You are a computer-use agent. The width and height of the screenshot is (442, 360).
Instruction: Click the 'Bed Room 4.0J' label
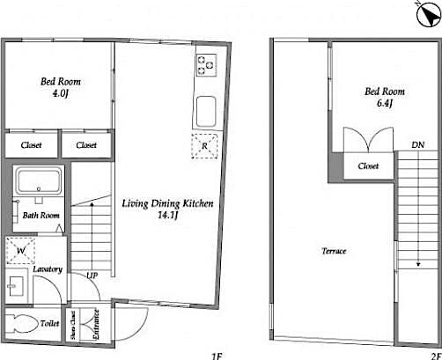pyautogui.click(x=55, y=88)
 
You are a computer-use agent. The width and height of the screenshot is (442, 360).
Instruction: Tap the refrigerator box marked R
pyautogui.click(x=203, y=147)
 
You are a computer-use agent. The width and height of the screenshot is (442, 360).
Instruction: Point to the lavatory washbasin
pyautogui.click(x=17, y=287)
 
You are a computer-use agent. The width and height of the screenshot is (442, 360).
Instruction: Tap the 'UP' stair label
pyautogui.click(x=92, y=276)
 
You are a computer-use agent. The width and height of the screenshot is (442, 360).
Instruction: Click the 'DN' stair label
pyautogui.click(x=416, y=145)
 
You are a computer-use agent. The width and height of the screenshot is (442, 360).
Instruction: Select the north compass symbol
pyautogui.click(x=426, y=10)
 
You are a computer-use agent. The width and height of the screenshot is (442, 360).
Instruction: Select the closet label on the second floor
pyautogui.click(x=368, y=165)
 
